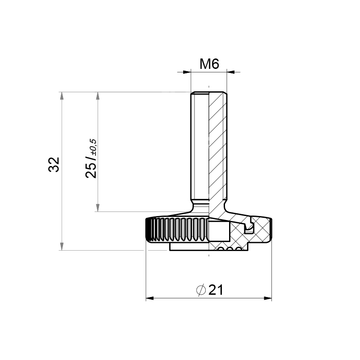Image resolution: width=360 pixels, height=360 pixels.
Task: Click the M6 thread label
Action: [x=209, y=64]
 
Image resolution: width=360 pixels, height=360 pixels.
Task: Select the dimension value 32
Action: [x=54, y=164]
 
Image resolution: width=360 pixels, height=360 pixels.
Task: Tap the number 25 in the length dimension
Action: [x=91, y=171]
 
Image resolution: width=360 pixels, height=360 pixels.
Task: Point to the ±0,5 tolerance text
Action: [x=93, y=147]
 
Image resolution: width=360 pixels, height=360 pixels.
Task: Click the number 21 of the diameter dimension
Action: [x=216, y=290]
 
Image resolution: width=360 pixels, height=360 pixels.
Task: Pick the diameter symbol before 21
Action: [x=201, y=290]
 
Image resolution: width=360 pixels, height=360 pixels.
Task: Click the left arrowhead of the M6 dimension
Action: [x=187, y=72]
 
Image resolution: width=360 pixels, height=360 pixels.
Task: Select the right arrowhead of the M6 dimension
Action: [x=231, y=72]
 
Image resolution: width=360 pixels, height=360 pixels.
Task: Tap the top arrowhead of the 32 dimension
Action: [x=62, y=96]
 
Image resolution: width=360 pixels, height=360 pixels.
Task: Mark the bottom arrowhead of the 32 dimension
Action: [x=62, y=246]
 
